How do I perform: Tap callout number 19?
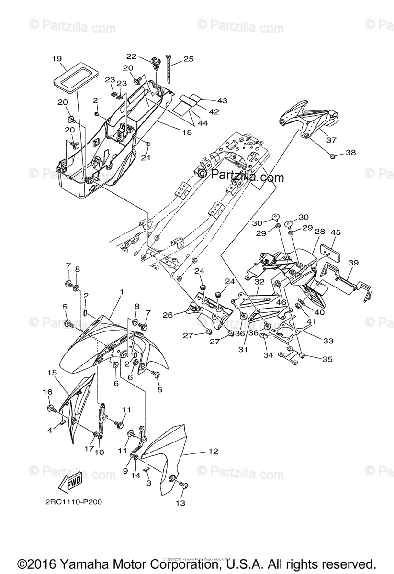tap(57, 59)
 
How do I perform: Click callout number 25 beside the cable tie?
tap(188, 59)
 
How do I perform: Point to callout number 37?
tap(331, 140)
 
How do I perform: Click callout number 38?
tap(351, 153)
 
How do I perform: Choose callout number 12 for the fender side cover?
tap(213, 451)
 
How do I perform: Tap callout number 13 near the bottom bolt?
tap(180, 503)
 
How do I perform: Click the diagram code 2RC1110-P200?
tap(74, 502)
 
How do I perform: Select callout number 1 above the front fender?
tap(122, 291)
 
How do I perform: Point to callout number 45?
tap(335, 232)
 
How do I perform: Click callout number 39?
tap(353, 263)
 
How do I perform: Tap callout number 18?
tap(187, 132)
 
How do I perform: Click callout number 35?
tap(327, 358)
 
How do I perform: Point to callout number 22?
tap(131, 56)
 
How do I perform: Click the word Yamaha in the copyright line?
tap(80, 563)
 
